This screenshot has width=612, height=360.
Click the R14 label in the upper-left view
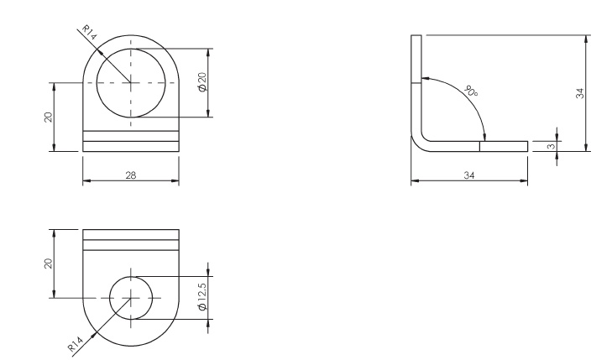(x=88, y=35)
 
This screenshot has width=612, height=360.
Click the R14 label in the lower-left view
(x=77, y=342)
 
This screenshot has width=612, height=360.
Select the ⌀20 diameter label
(x=201, y=82)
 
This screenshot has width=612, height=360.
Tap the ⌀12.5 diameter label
(x=201, y=297)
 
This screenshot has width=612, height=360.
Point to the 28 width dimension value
(x=130, y=175)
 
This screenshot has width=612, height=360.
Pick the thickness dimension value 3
(x=550, y=147)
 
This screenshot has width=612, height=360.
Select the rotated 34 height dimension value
(x=578, y=93)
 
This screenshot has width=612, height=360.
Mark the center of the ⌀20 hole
(x=130, y=82)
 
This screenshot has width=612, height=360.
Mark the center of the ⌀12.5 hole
(x=132, y=297)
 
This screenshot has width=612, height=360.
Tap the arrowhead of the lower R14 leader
(x=100, y=329)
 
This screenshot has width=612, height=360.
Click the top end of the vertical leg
(x=415, y=36)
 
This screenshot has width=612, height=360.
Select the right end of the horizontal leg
(x=526, y=146)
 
